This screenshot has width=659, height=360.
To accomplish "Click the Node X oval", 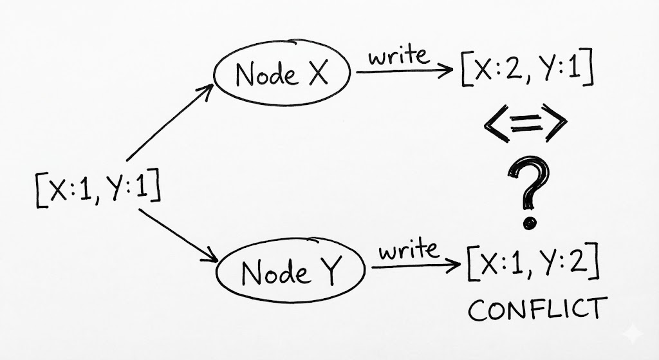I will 281,75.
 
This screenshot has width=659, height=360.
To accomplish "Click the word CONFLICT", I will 537,309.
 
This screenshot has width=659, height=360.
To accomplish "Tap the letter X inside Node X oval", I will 316,75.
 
